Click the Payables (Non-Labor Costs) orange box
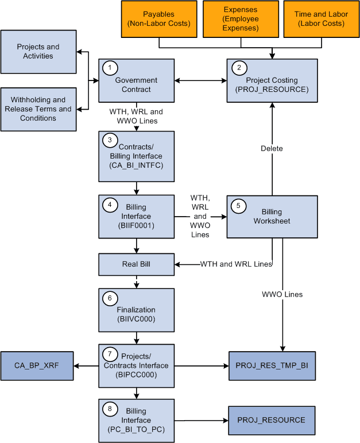point(158,19)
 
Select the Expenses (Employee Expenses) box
point(241,19)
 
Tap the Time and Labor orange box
point(320,19)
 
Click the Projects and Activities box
point(38,52)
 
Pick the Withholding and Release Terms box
point(38,109)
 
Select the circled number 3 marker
point(108,140)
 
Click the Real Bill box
point(136,265)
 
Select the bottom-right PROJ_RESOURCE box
point(272,420)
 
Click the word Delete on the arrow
point(272,148)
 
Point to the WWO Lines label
point(282,294)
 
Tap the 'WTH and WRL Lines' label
point(235,264)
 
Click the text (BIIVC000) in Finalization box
point(137,319)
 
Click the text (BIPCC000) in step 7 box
point(137,375)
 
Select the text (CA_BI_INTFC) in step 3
point(137,165)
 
